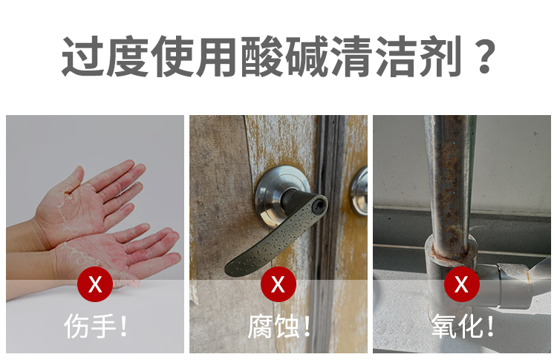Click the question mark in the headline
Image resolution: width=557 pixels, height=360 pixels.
point(484,56)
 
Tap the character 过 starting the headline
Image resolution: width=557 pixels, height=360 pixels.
point(82,56)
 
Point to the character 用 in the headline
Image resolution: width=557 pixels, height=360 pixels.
point(217,56)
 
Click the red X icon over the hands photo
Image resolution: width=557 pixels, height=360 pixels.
point(95,284)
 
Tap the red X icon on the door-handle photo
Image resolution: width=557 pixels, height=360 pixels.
point(278,284)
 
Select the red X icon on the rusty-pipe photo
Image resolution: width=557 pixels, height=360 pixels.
point(462,284)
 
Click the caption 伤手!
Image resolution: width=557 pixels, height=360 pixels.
point(95,326)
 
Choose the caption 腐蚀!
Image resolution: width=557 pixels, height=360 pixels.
point(278,326)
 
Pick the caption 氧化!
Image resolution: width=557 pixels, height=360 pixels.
point(462,326)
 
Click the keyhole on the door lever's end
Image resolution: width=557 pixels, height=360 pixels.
point(318,205)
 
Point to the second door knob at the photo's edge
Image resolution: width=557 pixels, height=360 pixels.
point(359,191)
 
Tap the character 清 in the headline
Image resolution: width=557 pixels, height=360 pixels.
point(351,56)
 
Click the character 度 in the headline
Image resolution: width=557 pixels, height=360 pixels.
point(128,56)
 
